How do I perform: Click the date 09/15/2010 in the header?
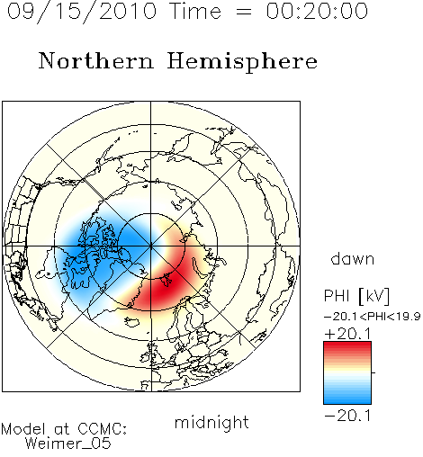pos(82,12)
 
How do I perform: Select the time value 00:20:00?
pos(317,11)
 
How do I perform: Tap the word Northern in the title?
pos(96,60)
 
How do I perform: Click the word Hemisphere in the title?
pos(242,61)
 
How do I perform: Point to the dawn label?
pos(353,258)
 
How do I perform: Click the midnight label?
pos(211,423)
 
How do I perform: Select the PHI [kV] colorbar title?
pos(356,296)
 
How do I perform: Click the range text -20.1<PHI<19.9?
pos(373,317)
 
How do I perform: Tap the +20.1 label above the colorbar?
pos(348,334)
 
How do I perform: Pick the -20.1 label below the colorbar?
pos(348,416)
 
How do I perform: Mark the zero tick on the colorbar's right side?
pos(373,372)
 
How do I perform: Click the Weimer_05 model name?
pos(68,444)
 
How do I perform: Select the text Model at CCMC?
pos(64,429)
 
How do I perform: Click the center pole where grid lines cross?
pos(151,246)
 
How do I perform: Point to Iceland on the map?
pos(132,321)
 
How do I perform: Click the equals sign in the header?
pos(243,12)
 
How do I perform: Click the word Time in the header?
pos(195,11)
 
